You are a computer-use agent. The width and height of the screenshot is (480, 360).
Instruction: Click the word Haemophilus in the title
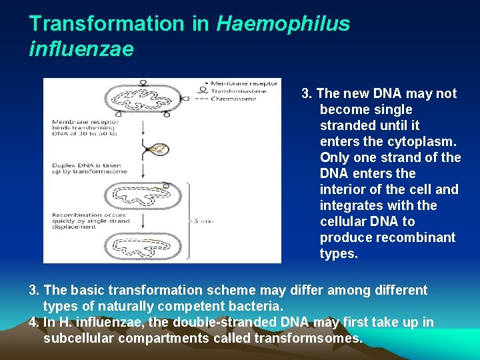coord(283,24)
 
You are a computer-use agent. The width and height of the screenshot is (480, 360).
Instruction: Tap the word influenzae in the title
coord(81,49)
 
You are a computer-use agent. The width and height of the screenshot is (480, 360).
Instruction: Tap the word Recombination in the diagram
coord(76,215)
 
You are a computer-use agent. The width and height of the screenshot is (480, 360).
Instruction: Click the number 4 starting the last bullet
coord(33,322)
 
